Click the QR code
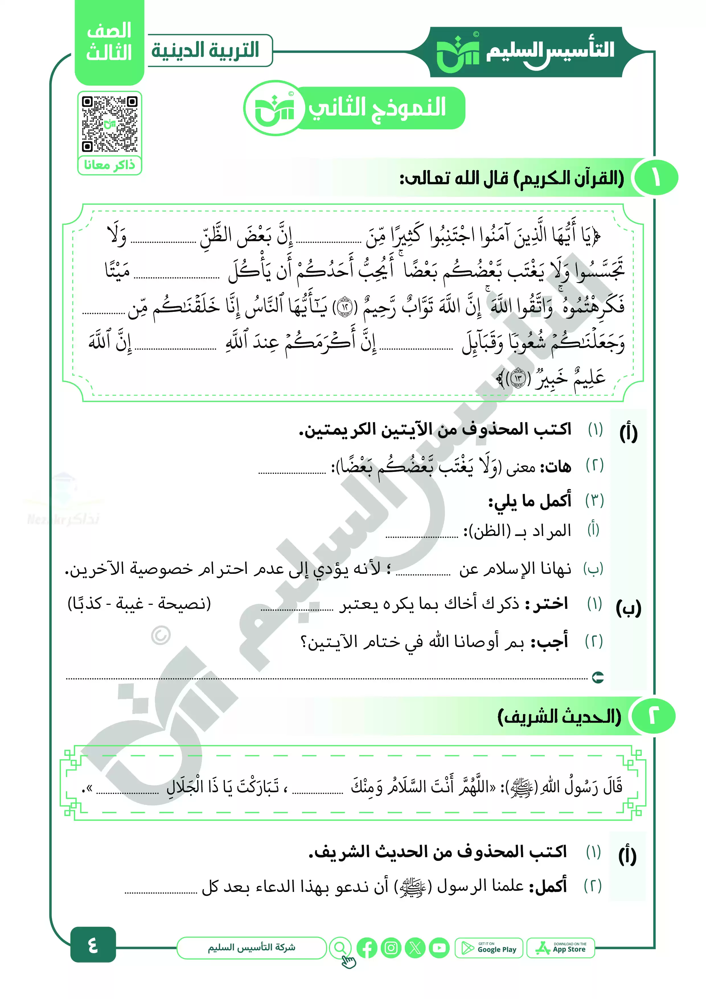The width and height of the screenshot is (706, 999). pos(110,124)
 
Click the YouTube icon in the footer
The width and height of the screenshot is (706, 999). pos(439,948)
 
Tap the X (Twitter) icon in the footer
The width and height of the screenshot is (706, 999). pos(415,948)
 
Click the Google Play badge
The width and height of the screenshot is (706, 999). pos(489,948)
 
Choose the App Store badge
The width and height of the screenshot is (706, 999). pos(561,948)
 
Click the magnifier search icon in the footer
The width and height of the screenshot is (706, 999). pos(340,948)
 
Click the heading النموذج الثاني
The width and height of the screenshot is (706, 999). pos(377,107)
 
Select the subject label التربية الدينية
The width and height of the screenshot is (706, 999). pos(205,50)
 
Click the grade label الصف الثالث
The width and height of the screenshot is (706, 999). pos(109,42)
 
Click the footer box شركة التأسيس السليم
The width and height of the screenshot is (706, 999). pos(251,948)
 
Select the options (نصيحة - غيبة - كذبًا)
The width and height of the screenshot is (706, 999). pos(139,603)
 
